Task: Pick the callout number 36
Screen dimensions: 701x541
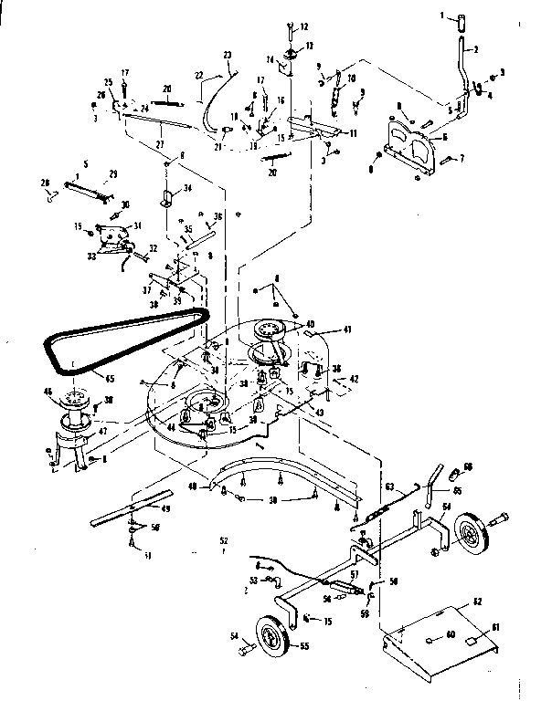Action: pyautogui.click(x=217, y=216)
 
